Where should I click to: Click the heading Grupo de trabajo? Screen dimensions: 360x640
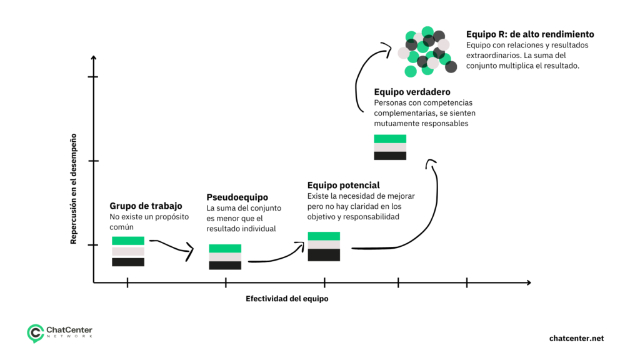click(146, 206)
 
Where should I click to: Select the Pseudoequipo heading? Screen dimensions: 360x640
click(237, 197)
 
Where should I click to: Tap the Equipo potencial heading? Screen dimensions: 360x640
click(343, 186)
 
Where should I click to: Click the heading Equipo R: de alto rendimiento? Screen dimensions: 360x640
click(530, 34)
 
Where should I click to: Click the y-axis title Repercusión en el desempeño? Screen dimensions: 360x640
click(74, 187)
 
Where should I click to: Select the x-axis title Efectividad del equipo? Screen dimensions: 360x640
click(287, 299)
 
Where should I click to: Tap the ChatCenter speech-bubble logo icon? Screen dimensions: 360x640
click(35, 333)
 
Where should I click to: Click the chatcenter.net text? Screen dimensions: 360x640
click(576, 338)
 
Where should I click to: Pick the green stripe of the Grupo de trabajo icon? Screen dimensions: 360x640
click(128, 241)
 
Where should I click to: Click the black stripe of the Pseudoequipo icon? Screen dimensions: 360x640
click(225, 266)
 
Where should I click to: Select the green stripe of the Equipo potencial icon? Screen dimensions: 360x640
click(324, 236)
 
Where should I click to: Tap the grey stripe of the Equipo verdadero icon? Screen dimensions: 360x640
click(390, 147)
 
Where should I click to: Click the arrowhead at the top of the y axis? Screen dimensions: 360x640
click(94, 57)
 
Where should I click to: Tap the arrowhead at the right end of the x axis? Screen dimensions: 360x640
click(528, 282)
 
